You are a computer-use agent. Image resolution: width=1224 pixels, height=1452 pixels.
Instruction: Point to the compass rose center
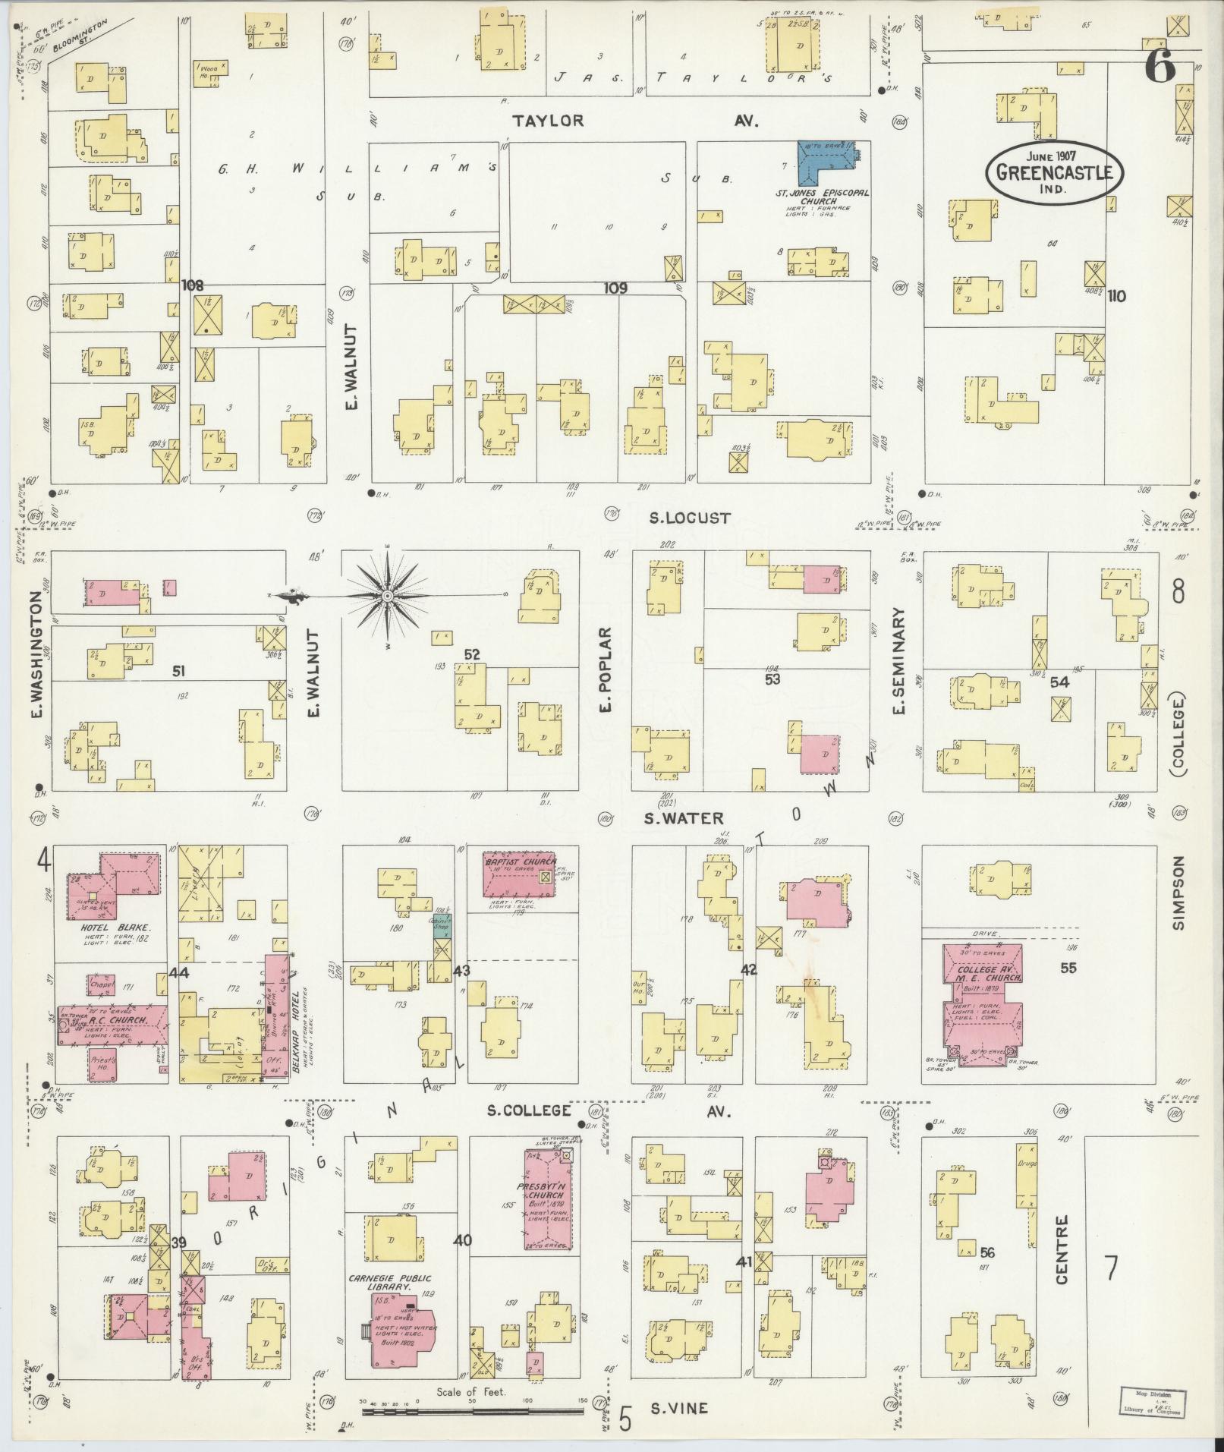[387, 596]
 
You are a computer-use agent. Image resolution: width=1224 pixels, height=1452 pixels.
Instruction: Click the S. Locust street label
[690, 518]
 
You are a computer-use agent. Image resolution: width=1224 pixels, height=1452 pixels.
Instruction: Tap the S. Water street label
[683, 818]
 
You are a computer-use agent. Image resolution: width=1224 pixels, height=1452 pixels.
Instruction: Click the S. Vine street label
[679, 1408]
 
